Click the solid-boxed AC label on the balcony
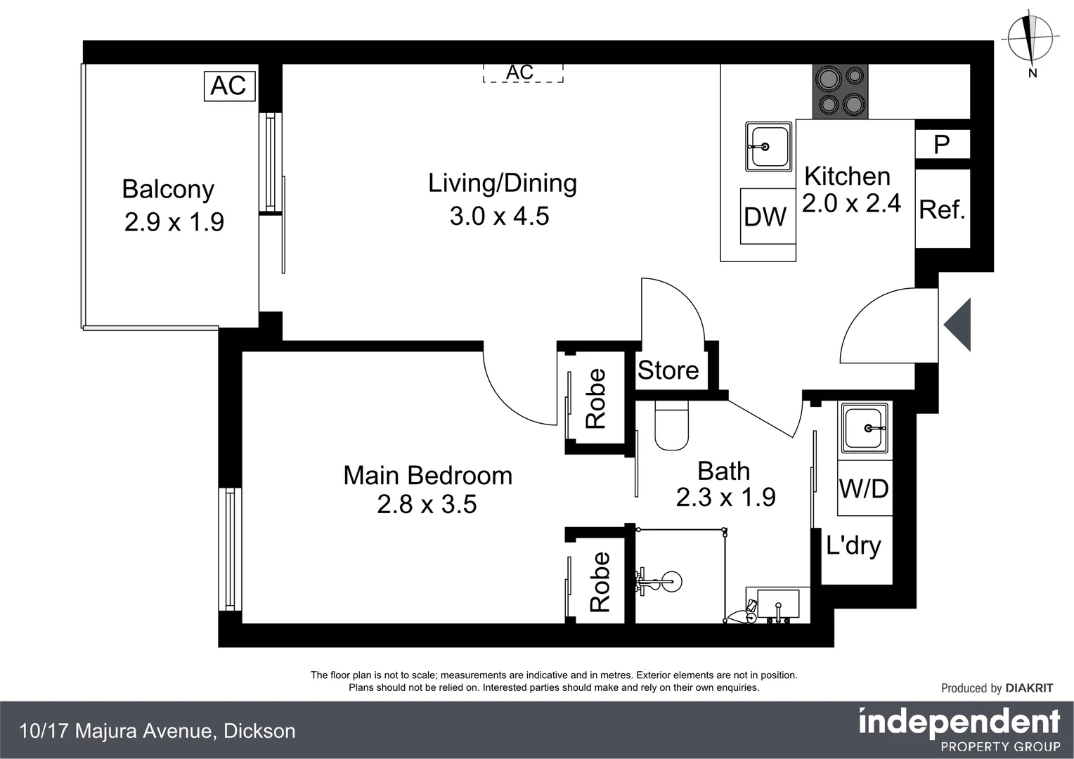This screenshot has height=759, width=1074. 229,86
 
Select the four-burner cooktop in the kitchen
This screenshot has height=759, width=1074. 840,91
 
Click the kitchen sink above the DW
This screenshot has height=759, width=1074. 768,146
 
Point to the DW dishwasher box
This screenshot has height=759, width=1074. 766,216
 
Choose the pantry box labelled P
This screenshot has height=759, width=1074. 942,144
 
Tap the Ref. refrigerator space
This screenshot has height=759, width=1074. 942,209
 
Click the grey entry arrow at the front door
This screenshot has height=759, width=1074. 959,325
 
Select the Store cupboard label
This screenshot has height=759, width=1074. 668,370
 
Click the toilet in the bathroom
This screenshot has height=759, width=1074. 672,425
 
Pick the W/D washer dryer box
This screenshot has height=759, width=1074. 864,488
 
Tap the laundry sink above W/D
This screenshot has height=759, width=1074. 865,429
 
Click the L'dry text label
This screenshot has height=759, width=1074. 853,545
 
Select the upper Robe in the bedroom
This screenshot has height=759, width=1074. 596,398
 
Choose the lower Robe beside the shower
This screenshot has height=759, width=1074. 600,582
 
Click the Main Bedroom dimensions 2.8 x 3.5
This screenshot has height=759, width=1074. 427,505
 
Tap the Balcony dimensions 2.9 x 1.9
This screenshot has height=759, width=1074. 174,222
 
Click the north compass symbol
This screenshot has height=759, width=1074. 1030,39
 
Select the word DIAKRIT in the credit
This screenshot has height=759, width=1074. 1029,688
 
